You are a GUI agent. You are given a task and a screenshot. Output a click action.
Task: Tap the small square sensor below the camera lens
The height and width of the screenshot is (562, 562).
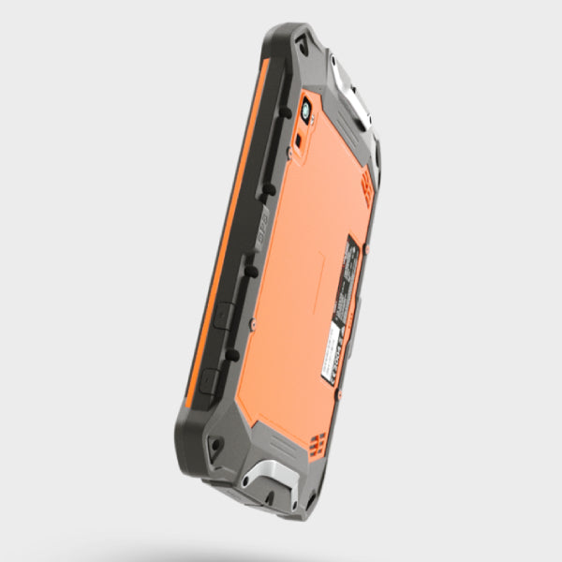coord(298,140)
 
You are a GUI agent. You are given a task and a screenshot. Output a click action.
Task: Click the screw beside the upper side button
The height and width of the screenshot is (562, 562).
coord(253,323)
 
